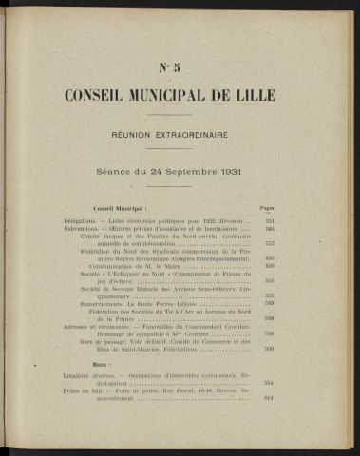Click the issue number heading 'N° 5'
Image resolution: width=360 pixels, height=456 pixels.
(x=180, y=65)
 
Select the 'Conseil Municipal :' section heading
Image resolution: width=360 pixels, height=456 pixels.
(x=120, y=206)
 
